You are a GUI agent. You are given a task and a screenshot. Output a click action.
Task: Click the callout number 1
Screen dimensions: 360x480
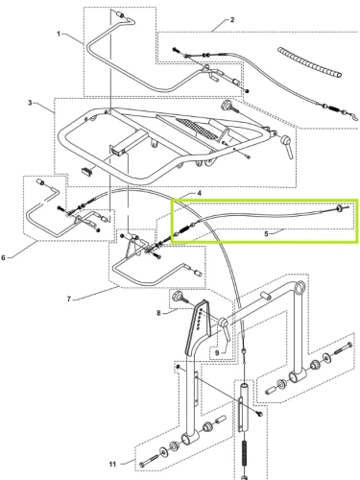pyautogui.click(x=59, y=34)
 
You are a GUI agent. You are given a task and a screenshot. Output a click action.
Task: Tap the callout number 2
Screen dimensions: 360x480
pyautogui.click(x=232, y=20)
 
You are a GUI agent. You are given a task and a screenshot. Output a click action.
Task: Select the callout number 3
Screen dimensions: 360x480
pyautogui.click(x=30, y=103)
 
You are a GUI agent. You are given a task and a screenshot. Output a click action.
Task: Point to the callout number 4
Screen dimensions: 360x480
pyautogui.click(x=199, y=193)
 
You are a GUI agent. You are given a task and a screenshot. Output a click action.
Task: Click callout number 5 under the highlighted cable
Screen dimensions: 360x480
pyautogui.click(x=267, y=234)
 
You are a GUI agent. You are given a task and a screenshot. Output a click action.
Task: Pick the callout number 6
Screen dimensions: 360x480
pyautogui.click(x=3, y=257)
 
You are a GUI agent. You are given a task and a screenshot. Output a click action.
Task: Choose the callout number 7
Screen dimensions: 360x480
pyautogui.click(x=69, y=300)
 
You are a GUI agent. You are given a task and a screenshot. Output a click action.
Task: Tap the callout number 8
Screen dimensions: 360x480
pyautogui.click(x=158, y=313)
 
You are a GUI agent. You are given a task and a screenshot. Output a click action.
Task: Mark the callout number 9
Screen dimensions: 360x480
pyautogui.click(x=217, y=352)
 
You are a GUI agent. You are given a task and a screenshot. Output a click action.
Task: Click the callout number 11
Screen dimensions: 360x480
pyautogui.click(x=112, y=464)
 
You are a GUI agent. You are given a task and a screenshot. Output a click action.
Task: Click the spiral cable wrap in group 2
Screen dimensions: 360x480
pyautogui.click(x=309, y=62)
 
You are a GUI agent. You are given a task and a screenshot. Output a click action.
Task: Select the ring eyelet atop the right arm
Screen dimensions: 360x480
pyautogui.click(x=300, y=287)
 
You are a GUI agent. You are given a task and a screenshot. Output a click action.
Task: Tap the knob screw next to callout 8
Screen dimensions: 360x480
pyautogui.click(x=180, y=298)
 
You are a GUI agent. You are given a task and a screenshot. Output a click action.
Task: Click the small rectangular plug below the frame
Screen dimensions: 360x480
pyautogui.click(x=85, y=171)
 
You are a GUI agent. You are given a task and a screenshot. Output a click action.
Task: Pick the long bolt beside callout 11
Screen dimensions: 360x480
pyautogui.click(x=150, y=460)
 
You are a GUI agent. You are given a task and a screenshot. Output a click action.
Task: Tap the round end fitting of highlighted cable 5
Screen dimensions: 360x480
pyautogui.click(x=338, y=208)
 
